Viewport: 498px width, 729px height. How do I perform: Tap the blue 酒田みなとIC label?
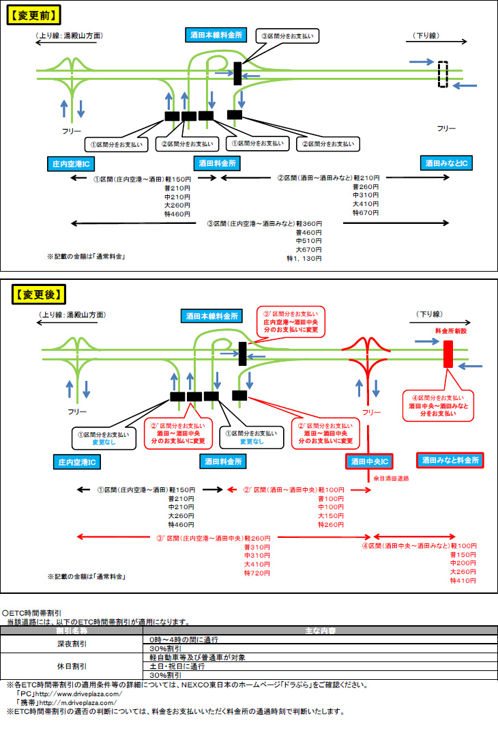pos(447,163)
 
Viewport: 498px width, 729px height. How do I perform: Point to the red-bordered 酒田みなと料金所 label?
pos(450,460)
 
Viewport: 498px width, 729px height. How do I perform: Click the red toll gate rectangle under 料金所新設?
pos(448,354)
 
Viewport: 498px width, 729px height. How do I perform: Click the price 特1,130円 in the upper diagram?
pos(304,259)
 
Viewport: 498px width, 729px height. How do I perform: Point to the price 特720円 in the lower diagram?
pos(257,573)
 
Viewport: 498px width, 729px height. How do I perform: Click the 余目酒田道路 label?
pos(392,478)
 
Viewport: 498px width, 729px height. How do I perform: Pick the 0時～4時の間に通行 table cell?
pos(184,639)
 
